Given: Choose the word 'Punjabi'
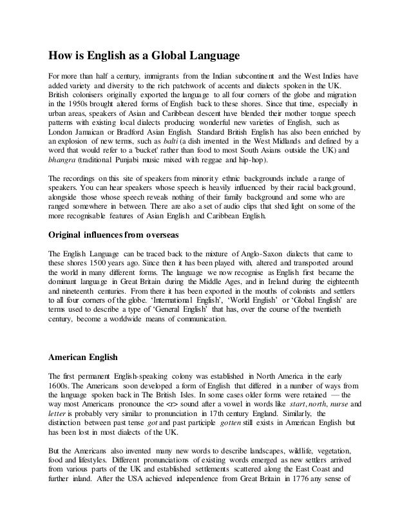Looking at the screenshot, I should [142, 160].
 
